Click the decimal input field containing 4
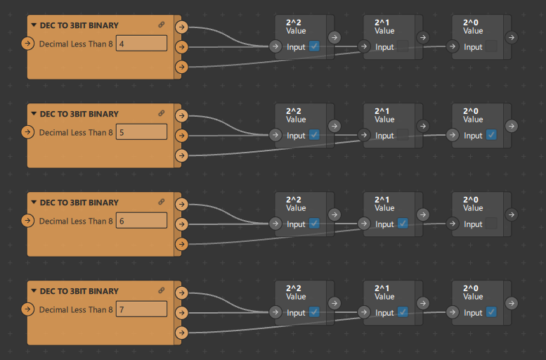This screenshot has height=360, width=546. (141, 44)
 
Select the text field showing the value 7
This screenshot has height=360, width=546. (141, 309)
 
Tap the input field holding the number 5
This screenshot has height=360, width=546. (141, 132)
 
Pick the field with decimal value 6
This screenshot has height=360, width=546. (141, 221)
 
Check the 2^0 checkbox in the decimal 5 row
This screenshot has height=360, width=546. (491, 135)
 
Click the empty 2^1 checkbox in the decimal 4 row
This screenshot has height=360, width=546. (403, 46)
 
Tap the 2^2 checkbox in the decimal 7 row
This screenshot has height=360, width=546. (314, 312)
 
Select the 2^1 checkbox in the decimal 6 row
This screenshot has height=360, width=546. (403, 224)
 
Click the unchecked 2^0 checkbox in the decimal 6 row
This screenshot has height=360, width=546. (491, 224)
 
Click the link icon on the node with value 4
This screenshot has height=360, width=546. (162, 25)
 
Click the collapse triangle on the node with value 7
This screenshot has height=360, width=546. (34, 291)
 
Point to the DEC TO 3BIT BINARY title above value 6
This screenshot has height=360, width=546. (79, 202)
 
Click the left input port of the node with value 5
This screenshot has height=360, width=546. (27, 132)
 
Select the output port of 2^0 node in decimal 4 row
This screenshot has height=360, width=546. (512, 37)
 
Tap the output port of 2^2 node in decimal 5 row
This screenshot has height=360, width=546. (334, 125)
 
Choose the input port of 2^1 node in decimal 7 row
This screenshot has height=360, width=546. (363, 312)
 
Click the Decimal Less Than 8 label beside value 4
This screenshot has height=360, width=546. (75, 44)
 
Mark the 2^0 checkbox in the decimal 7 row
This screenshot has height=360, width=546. (491, 312)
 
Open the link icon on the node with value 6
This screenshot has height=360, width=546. (162, 202)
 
